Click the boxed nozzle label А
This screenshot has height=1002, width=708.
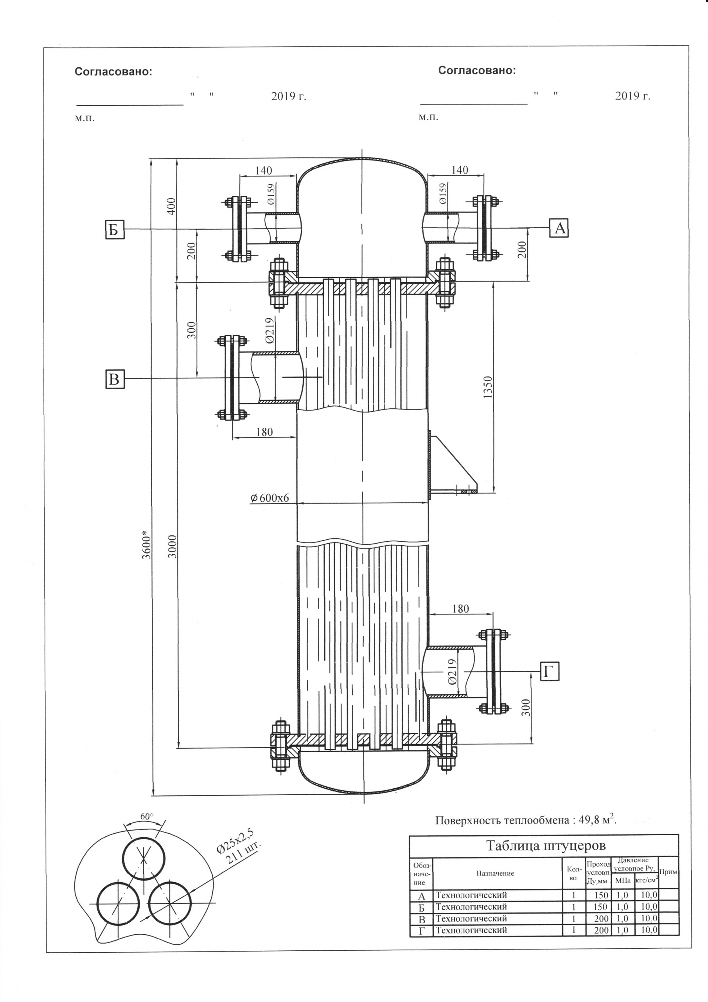(560, 228)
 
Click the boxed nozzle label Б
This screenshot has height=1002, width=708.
(115, 229)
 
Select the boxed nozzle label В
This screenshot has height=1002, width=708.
(115, 378)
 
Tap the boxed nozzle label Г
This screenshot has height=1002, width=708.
(550, 671)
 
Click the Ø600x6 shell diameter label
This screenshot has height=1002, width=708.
(269, 497)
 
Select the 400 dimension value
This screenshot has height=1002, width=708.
(171, 206)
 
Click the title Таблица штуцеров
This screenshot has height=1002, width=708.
(546, 846)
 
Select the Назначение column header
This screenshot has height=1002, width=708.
(495, 874)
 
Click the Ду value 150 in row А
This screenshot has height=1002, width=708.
(601, 896)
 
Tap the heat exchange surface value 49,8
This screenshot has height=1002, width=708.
(588, 820)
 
